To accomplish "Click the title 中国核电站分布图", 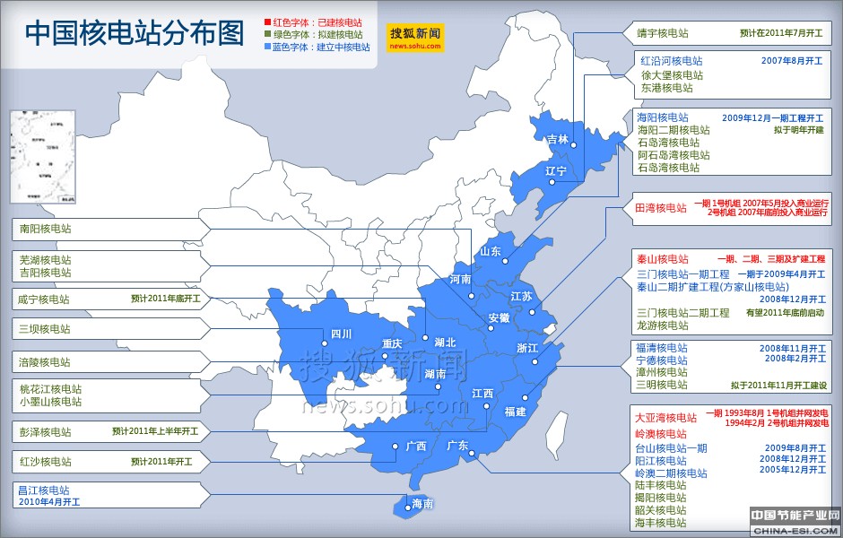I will click(135, 33).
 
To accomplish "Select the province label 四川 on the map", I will click(341, 334).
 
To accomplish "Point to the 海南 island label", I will click(421, 504).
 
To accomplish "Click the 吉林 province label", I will click(557, 139).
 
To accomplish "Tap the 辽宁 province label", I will click(556, 170).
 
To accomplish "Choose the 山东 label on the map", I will click(490, 252).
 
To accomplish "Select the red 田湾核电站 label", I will click(660, 208).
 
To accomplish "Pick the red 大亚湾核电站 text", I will click(665, 418).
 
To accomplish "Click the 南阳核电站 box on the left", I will click(46, 229).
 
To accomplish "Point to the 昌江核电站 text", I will click(45, 490).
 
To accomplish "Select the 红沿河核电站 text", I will click(671, 61).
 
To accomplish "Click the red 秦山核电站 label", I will click(662, 258).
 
